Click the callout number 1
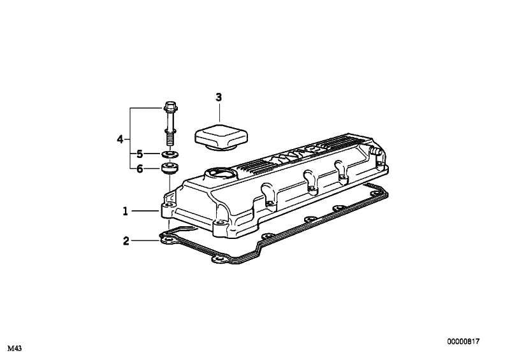click(x=125, y=212)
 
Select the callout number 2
click(x=126, y=241)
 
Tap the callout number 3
click(x=219, y=97)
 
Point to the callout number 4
click(x=120, y=140)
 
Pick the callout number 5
click(x=140, y=154)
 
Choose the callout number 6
click(x=140, y=169)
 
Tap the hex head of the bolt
click(x=170, y=106)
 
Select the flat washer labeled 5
click(x=170, y=154)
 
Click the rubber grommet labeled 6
click(x=170, y=168)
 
